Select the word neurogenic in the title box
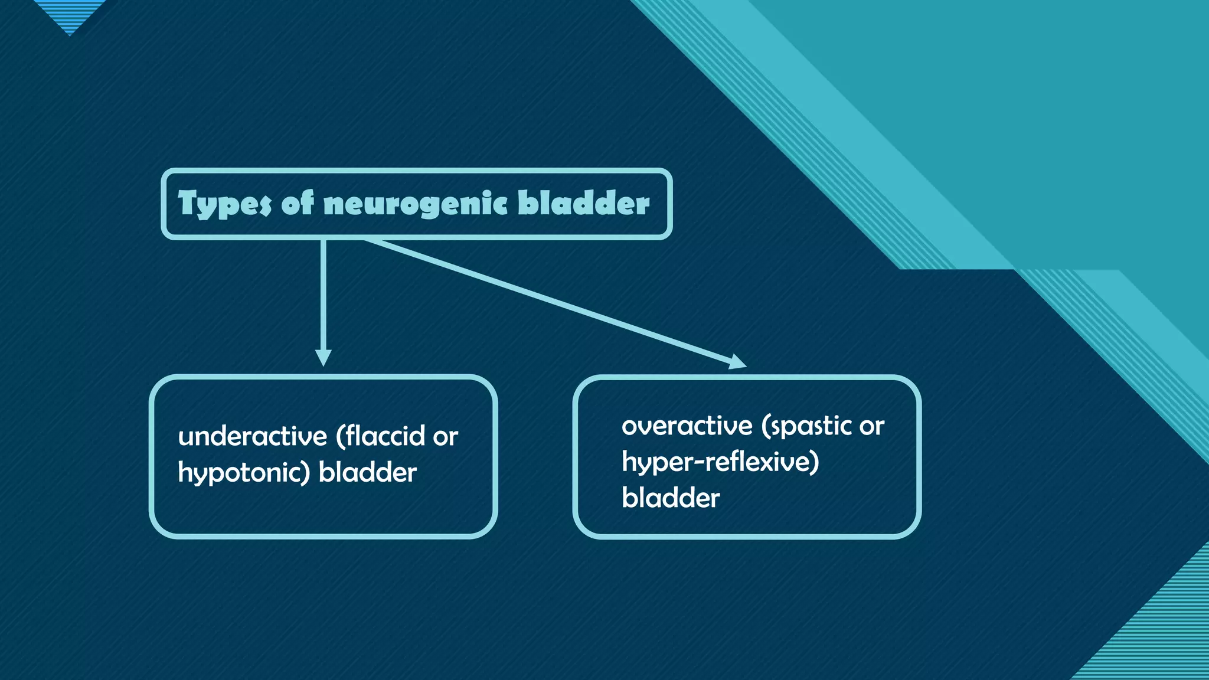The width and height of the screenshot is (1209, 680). click(416, 204)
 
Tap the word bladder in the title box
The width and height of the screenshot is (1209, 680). click(584, 203)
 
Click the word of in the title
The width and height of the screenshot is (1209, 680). click(298, 203)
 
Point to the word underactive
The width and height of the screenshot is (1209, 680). click(252, 437)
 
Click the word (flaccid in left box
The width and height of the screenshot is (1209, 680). click(380, 437)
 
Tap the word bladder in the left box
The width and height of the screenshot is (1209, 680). click(367, 473)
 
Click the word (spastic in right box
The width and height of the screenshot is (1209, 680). click(806, 426)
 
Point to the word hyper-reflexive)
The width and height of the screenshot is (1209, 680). click(720, 462)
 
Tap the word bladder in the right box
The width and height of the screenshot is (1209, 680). click(671, 498)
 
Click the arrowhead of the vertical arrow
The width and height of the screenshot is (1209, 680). click(323, 358)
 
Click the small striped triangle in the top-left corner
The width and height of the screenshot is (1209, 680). click(70, 14)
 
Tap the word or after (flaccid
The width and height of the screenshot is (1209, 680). click(445, 437)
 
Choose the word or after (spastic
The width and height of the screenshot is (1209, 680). click(871, 426)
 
